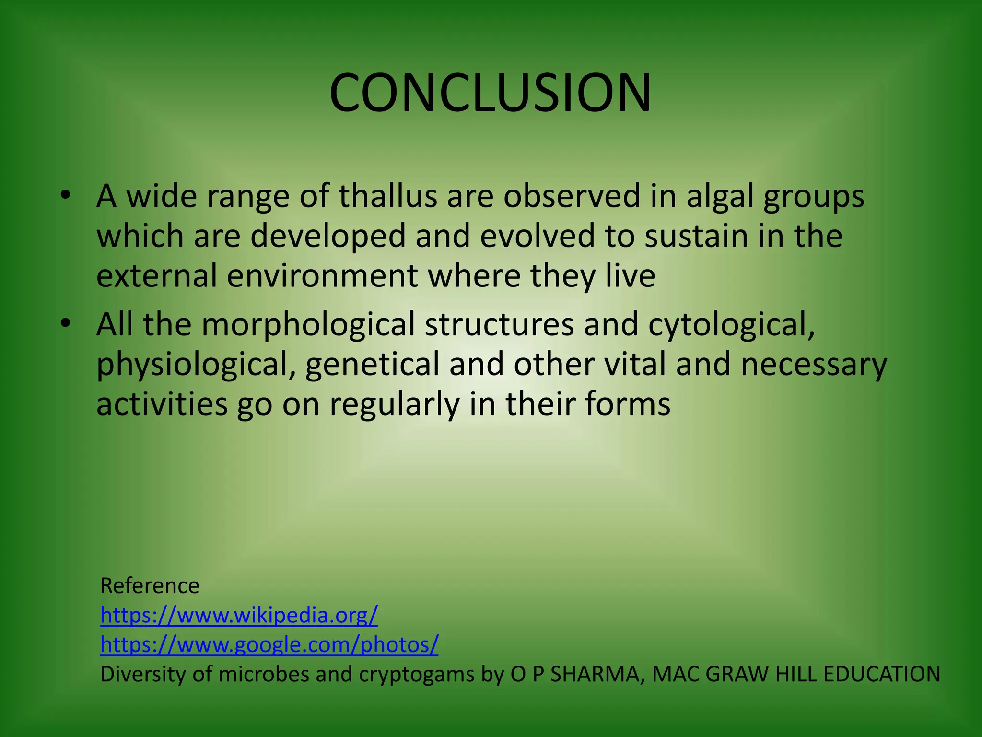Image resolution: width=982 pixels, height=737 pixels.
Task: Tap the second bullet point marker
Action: tap(66, 323)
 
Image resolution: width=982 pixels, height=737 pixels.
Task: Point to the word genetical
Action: tap(372, 364)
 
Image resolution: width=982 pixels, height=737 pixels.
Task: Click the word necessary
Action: tap(814, 364)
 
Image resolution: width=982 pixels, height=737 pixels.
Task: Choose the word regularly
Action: tap(394, 404)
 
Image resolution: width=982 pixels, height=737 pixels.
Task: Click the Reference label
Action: tap(150, 586)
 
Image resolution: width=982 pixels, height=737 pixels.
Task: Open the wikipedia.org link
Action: tap(239, 615)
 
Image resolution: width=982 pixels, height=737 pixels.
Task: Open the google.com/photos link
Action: tap(269, 644)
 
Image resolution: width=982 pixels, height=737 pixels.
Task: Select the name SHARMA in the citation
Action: tap(595, 674)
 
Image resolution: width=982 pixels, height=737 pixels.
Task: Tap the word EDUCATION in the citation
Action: tap(882, 674)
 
